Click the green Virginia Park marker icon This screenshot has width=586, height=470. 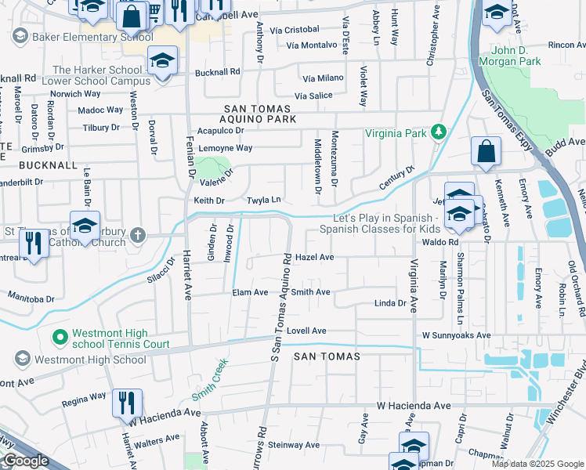440,132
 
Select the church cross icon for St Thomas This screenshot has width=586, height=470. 138,234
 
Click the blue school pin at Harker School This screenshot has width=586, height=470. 163,61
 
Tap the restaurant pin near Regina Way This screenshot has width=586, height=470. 126,403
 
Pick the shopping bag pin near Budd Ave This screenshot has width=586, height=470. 486,151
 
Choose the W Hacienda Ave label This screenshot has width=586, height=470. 414,406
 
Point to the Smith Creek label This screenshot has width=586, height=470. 209,378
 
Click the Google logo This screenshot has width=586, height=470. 26,461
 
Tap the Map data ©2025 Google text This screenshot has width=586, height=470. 537,464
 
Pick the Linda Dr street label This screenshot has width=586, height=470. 390,303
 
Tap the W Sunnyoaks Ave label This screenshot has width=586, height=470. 456,335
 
